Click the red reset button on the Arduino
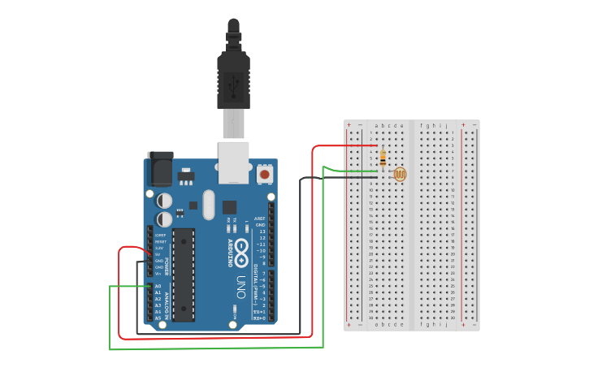(x=264, y=174)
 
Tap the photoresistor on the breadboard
(x=399, y=174)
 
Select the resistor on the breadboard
(x=382, y=158)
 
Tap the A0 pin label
(x=158, y=286)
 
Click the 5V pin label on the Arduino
(x=159, y=254)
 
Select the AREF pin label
(x=260, y=219)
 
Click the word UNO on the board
(x=241, y=287)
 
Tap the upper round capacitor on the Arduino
(x=165, y=200)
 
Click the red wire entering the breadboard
(x=341, y=146)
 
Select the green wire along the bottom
(x=215, y=349)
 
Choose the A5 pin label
(x=158, y=318)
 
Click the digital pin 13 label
(x=262, y=232)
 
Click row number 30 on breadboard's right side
(x=452, y=318)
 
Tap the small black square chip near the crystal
(x=229, y=207)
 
